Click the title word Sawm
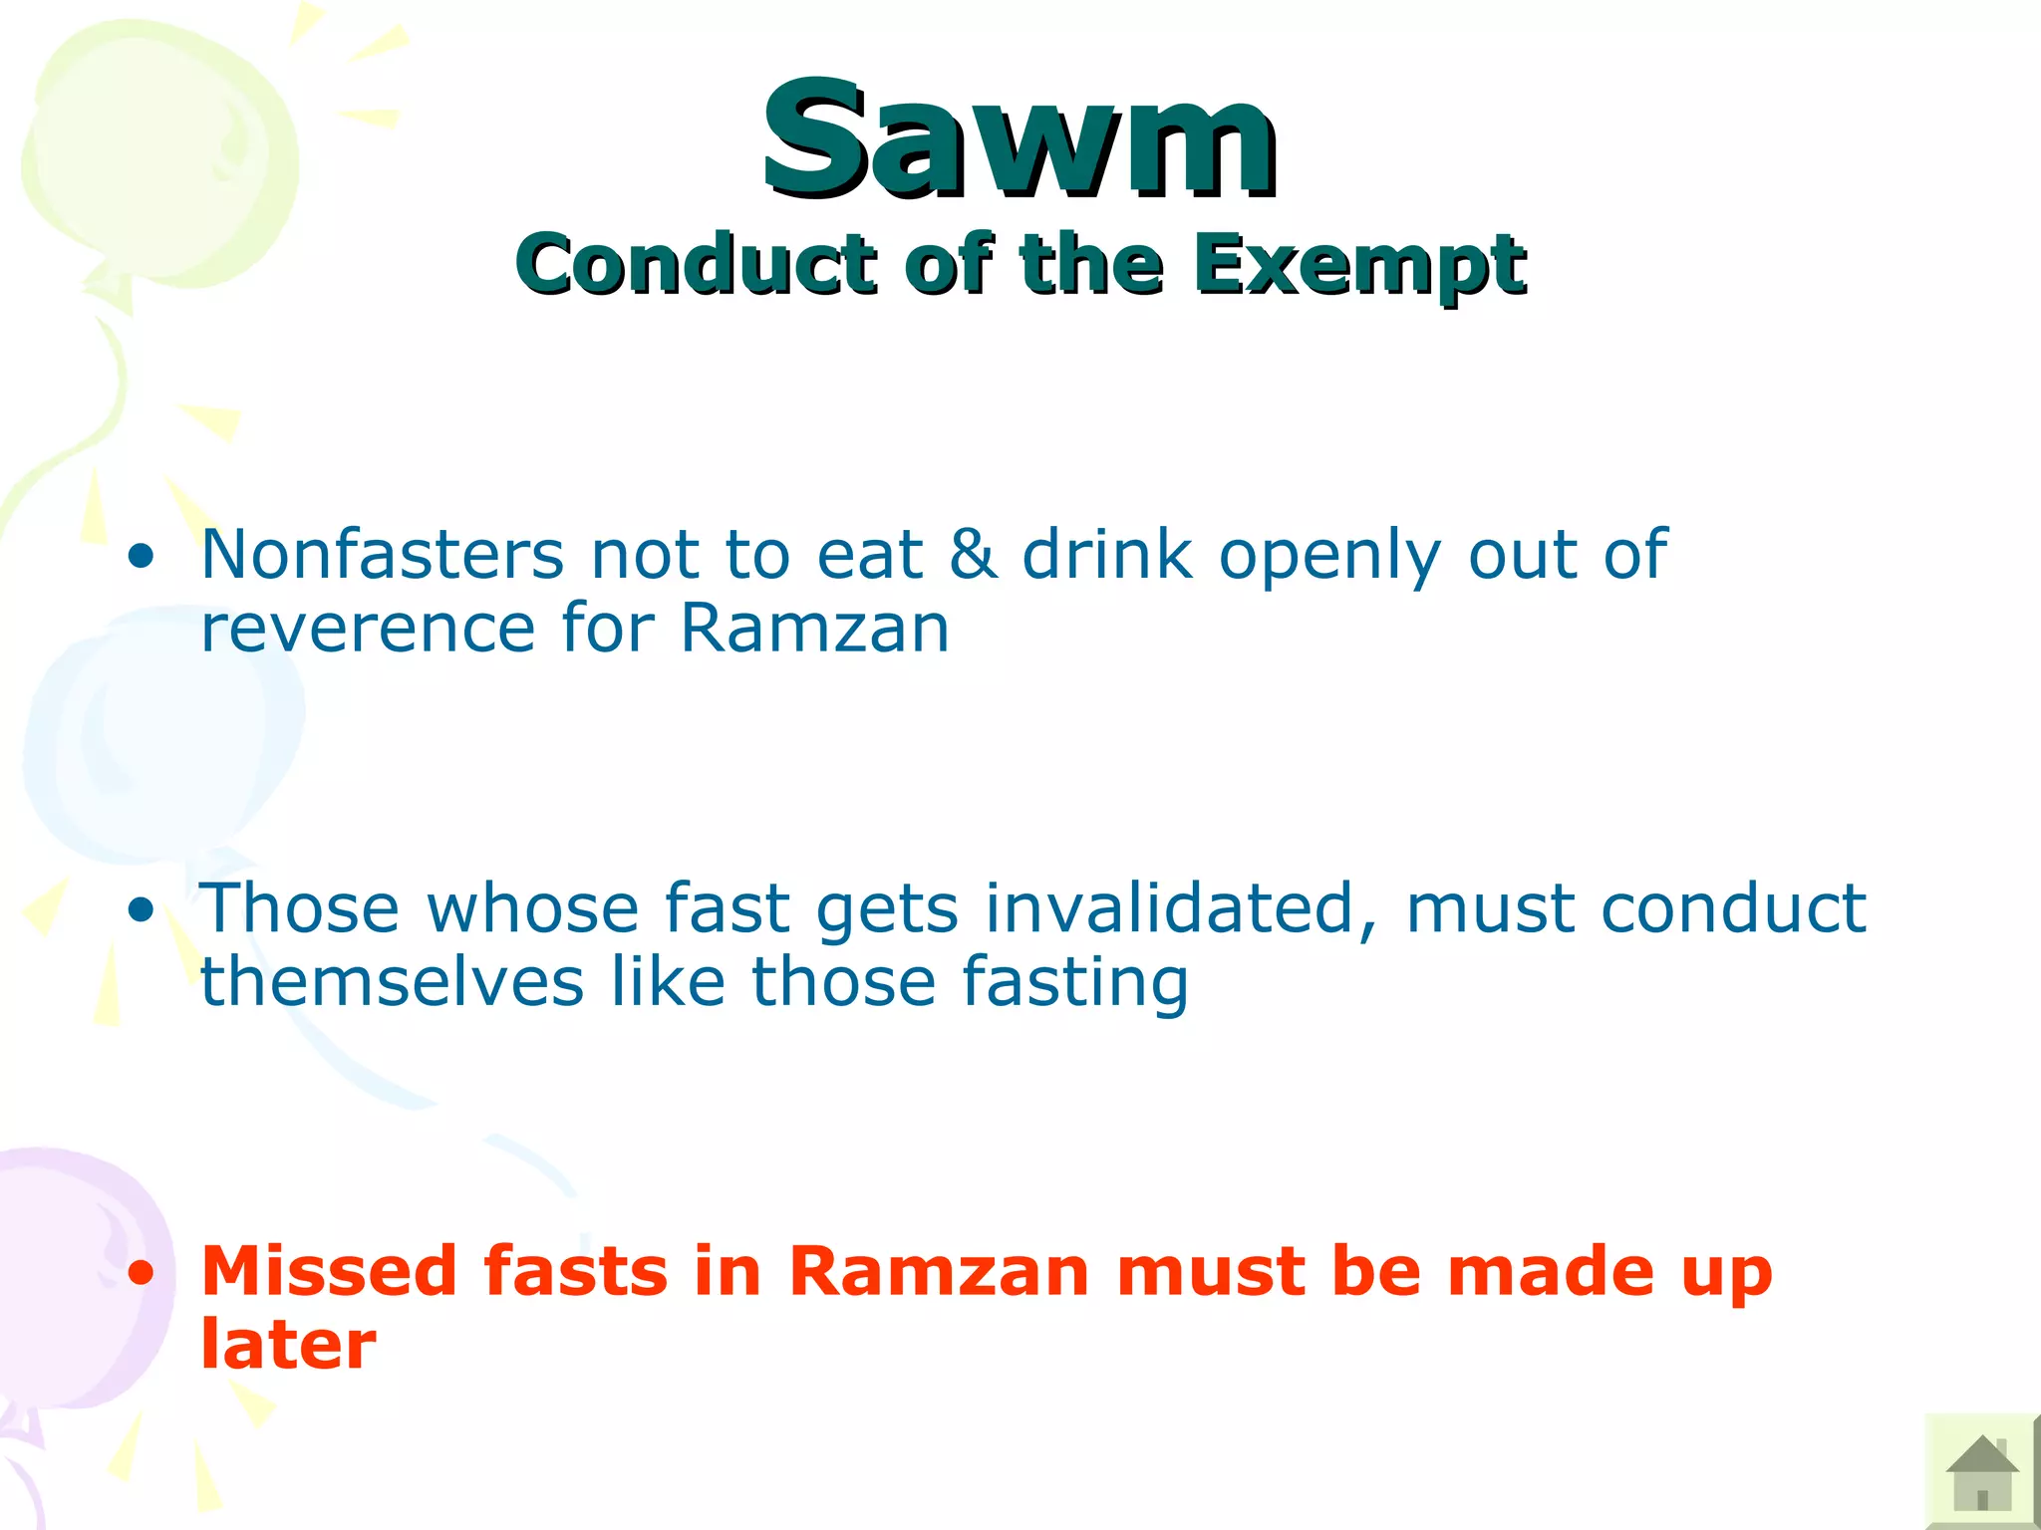pos(1020,139)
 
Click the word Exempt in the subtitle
pos(1359,265)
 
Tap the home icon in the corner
pos(1981,1471)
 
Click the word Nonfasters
pos(383,554)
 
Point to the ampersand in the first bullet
pos(972,554)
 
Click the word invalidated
pos(1182,908)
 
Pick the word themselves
pos(392,982)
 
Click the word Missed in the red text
pos(330,1271)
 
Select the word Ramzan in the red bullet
pos(938,1271)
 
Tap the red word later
pos(288,1345)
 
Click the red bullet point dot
pos(143,1273)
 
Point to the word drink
pos(1107,554)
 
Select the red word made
pos(1551,1271)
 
